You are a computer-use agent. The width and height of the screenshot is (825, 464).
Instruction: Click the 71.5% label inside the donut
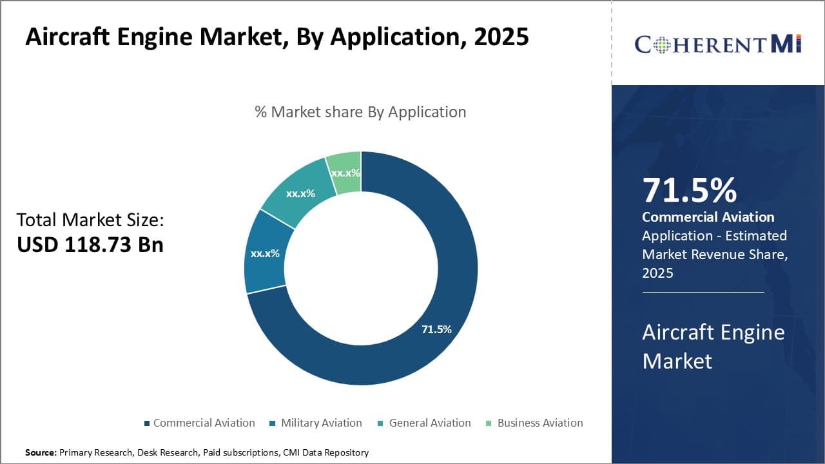coord(436,329)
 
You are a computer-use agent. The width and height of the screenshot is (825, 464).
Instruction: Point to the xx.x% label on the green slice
coord(345,173)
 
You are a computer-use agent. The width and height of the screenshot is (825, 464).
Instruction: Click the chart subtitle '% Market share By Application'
coord(360,112)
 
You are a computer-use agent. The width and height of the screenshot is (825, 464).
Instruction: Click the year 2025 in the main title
coord(501,37)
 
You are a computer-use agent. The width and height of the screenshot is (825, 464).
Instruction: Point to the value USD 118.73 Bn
coord(90,245)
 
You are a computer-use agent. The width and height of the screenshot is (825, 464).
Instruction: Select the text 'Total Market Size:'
coord(90,220)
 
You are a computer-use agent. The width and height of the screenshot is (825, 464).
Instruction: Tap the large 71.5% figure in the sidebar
coord(689,190)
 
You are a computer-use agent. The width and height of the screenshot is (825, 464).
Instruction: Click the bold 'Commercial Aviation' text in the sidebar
coord(708,217)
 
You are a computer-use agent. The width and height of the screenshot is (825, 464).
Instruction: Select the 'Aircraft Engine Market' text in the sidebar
coord(713,346)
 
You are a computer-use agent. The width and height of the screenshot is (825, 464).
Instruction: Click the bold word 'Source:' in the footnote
coord(41,453)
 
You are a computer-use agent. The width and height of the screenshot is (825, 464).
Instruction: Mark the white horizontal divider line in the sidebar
coord(703,292)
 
